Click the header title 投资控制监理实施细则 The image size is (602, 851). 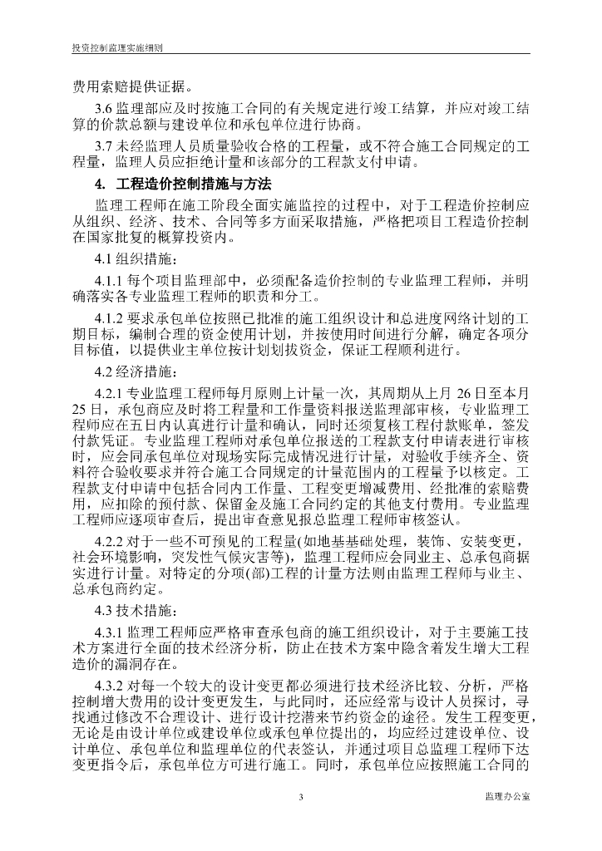click(x=117, y=48)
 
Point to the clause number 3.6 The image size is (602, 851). click(x=106, y=109)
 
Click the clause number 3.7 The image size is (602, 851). click(x=106, y=146)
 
